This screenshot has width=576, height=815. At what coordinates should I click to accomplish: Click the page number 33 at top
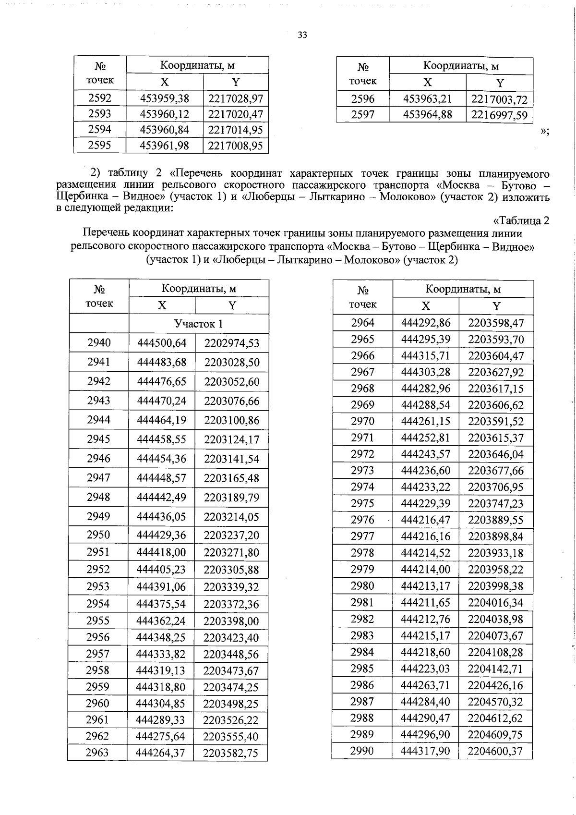tap(302, 35)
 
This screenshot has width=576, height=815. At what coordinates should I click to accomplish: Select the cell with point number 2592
tap(100, 98)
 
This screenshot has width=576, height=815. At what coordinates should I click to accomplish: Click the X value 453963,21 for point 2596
tap(428, 99)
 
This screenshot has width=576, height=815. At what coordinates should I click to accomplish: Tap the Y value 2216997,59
tap(499, 115)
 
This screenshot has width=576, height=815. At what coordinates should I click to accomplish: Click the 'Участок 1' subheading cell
tap(198, 324)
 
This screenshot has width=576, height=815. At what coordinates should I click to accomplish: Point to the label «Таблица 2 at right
tap(521, 220)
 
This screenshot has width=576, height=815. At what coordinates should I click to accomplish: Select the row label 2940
tap(99, 342)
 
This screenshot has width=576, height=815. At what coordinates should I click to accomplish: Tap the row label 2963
tap(97, 753)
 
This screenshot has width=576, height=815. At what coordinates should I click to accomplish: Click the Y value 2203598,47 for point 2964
tap(496, 323)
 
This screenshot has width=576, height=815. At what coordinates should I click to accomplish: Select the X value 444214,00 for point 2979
tap(425, 570)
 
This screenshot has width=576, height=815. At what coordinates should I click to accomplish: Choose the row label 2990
tap(362, 751)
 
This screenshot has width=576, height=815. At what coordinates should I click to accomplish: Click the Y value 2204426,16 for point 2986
tap(495, 685)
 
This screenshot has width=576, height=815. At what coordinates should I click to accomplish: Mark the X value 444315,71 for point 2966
tap(425, 356)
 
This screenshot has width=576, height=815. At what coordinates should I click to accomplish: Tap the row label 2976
tap(362, 520)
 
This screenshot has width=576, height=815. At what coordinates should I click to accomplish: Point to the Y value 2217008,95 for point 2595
tap(235, 146)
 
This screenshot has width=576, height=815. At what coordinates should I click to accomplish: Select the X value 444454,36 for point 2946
tap(161, 459)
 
